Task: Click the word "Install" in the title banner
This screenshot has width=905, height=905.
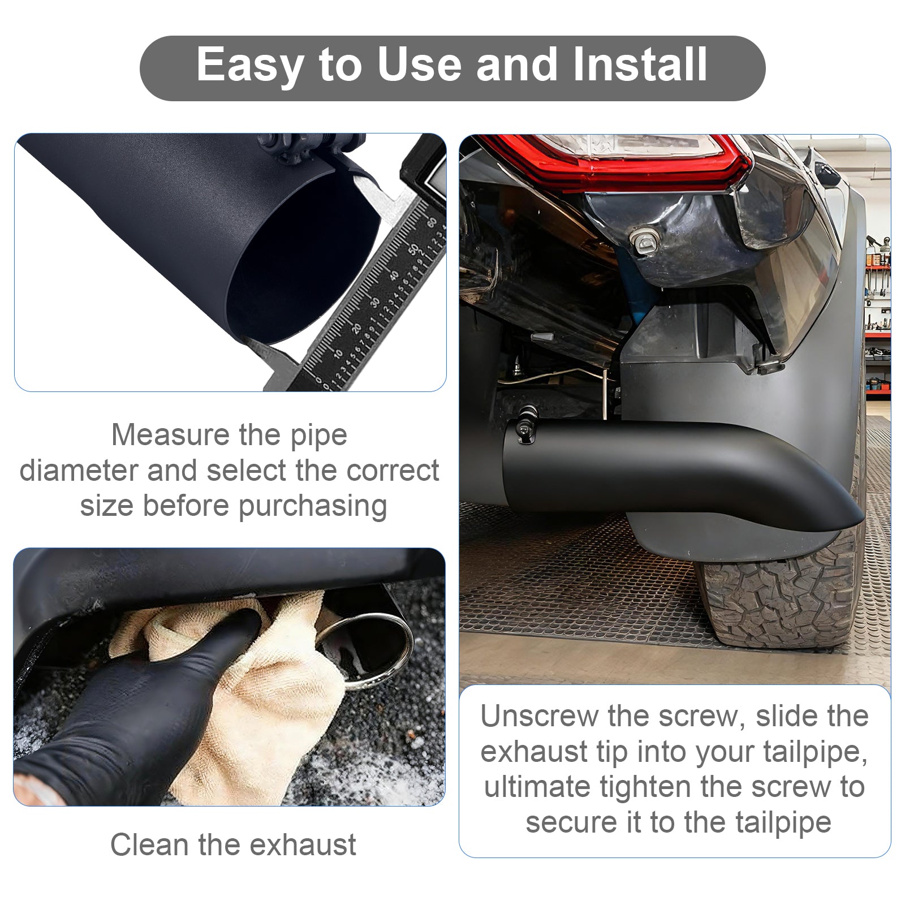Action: tap(640, 64)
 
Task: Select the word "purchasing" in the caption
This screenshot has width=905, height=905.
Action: tap(312, 506)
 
